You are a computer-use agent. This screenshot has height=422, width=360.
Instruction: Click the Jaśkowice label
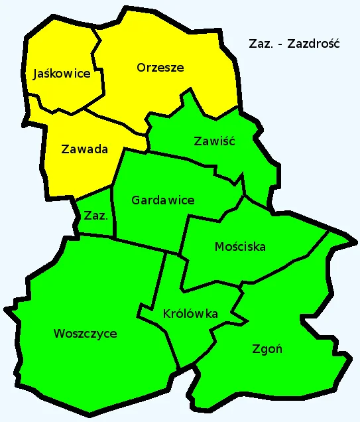point(62,74)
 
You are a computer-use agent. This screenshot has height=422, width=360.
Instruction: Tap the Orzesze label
point(160,67)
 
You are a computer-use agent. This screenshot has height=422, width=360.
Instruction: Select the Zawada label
point(84,149)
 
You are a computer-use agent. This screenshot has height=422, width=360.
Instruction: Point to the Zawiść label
point(214,141)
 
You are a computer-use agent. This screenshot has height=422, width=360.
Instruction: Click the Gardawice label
point(162,200)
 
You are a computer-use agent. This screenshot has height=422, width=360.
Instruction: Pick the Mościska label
point(240,247)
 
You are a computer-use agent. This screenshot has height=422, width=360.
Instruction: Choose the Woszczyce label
point(85,333)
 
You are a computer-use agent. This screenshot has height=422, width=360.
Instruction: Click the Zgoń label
point(267,348)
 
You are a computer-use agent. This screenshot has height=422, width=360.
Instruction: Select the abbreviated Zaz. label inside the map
point(96,215)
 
